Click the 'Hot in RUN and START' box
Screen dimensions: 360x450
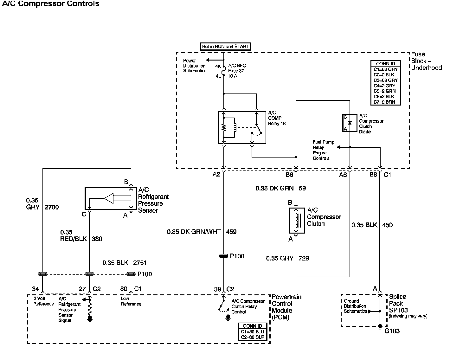point(225,47)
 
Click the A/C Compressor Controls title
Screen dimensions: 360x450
point(51,4)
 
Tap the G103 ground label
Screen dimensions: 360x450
point(392,331)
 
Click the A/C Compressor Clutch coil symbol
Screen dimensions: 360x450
point(297,221)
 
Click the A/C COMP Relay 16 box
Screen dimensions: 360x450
point(242,127)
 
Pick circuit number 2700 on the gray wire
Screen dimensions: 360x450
point(52,207)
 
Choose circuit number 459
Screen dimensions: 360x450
point(231,232)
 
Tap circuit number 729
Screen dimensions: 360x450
point(304,258)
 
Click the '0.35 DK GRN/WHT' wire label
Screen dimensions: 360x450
point(194,232)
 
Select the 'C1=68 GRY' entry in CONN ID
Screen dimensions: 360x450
point(385,69)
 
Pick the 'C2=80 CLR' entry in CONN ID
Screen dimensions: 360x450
point(253,337)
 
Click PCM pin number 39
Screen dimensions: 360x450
point(217,289)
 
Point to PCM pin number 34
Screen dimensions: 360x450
point(35,289)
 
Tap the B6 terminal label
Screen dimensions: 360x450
point(289,175)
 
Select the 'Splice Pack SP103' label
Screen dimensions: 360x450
point(398,304)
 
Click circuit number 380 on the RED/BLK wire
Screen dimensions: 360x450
point(97,239)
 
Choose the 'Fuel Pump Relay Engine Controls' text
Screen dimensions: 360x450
point(323,150)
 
